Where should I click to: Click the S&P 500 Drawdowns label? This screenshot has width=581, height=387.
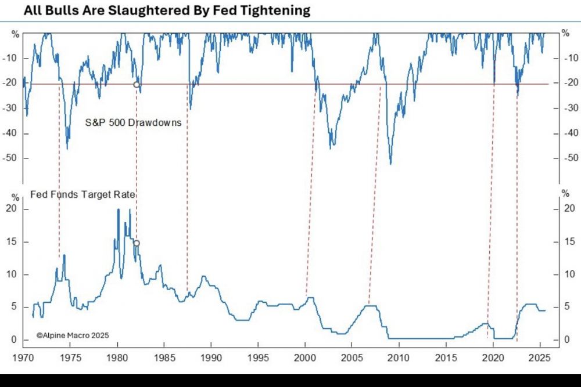coord(134,122)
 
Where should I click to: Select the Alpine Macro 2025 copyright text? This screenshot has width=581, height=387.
coord(73,335)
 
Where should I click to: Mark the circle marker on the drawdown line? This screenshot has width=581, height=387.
coord(137,85)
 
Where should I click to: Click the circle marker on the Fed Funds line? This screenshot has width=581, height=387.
coord(137,243)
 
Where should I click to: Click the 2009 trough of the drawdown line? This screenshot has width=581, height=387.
coord(390,164)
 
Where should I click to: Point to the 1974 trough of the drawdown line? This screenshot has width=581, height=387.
coord(67,149)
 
